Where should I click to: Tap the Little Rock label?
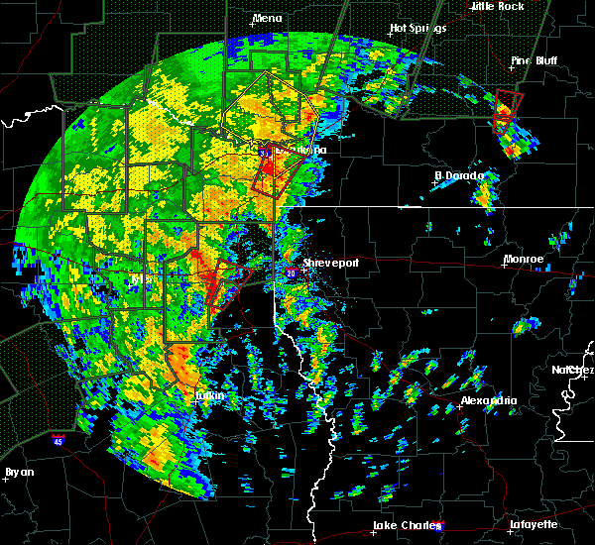497,6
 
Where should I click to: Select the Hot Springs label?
417,29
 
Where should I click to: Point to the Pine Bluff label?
534,60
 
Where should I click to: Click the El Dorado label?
459,176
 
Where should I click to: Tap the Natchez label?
573,370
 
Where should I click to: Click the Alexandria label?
488,400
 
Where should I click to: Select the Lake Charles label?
404,525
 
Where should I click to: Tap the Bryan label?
19,472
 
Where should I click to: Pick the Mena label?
267,18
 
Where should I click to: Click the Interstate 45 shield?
58,437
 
